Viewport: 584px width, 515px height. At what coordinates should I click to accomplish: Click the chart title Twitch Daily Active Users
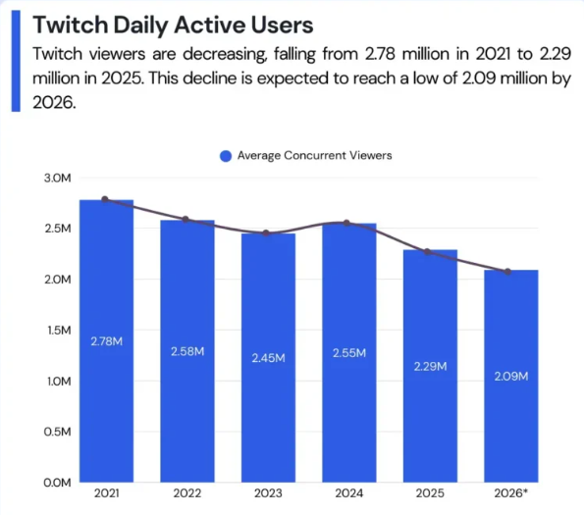pyautogui.click(x=173, y=26)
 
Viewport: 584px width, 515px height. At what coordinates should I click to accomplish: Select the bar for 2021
pyautogui.click(x=107, y=340)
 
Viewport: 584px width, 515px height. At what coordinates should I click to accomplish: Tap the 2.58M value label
pyautogui.click(x=187, y=351)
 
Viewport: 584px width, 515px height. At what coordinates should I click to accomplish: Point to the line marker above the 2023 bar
pyautogui.click(x=266, y=233)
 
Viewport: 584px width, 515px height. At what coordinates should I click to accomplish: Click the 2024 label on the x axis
pyautogui.click(x=349, y=493)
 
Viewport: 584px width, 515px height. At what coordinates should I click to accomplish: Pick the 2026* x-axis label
pyautogui.click(x=510, y=493)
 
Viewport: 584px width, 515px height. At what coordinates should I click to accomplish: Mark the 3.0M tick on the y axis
pyautogui.click(x=57, y=178)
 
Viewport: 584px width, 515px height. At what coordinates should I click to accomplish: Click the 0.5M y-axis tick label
pyautogui.click(x=57, y=432)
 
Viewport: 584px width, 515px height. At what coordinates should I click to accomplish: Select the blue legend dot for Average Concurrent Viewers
pyautogui.click(x=226, y=156)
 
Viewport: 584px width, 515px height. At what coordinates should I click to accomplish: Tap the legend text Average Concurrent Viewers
pyautogui.click(x=315, y=155)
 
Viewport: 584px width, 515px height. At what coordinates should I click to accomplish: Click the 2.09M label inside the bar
pyautogui.click(x=511, y=377)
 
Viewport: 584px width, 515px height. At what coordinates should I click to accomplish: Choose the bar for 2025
pyautogui.click(x=430, y=366)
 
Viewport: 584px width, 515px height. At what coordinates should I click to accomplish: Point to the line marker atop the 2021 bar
pyautogui.click(x=105, y=199)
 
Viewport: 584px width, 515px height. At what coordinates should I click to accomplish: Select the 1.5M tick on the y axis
pyautogui.click(x=59, y=330)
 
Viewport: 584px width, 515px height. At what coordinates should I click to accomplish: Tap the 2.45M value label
pyautogui.click(x=268, y=358)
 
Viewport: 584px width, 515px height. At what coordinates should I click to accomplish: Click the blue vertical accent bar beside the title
pyautogui.click(x=16, y=61)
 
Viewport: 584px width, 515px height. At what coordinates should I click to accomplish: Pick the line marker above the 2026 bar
pyautogui.click(x=507, y=272)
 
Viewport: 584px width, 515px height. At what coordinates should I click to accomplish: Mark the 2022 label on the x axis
pyautogui.click(x=186, y=493)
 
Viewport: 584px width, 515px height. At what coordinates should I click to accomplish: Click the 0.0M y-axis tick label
pyautogui.click(x=57, y=483)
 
